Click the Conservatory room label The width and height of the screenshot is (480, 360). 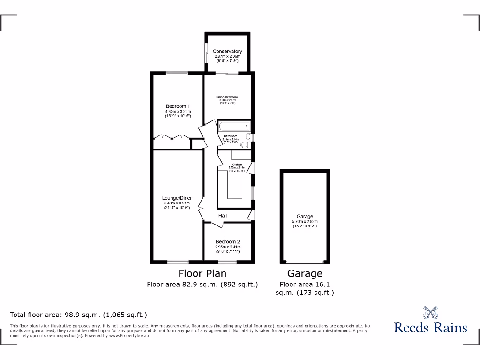(227, 51)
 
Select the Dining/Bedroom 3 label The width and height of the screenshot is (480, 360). (228, 97)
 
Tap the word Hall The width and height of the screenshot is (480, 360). (223, 216)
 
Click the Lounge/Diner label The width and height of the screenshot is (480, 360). (177, 198)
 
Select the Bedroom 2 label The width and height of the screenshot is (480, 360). (228, 242)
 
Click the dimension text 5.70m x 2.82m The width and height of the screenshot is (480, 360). (304, 222)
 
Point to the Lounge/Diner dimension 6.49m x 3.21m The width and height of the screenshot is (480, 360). (177, 203)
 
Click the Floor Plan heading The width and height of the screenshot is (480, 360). (202, 273)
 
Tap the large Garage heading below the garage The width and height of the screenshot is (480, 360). (305, 273)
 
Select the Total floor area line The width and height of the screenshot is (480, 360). (79, 315)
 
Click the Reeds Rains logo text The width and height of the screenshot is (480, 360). (430, 327)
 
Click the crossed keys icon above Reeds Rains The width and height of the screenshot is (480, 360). (430, 312)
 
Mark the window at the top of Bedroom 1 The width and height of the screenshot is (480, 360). (177, 73)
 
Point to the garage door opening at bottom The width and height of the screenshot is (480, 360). (305, 262)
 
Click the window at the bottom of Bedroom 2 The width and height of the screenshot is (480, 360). (228, 261)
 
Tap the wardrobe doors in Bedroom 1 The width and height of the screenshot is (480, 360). (172, 137)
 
